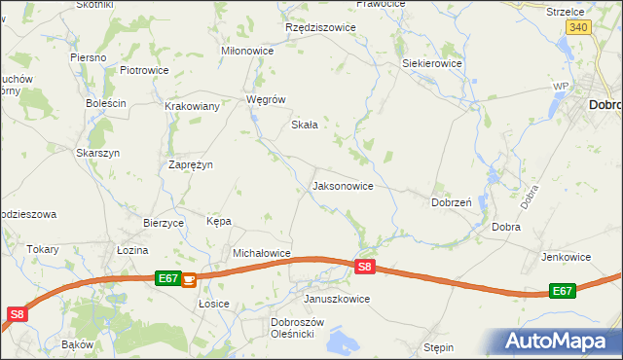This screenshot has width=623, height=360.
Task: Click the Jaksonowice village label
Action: [x=342, y=186]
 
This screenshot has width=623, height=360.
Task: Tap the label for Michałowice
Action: [x=261, y=253]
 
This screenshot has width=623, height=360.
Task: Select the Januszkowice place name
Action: [x=337, y=299]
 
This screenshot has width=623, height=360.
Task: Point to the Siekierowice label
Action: [x=432, y=63]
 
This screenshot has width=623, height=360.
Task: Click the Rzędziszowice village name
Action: [x=320, y=28]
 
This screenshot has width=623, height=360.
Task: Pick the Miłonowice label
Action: [x=247, y=52]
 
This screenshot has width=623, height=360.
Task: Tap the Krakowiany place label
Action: [x=192, y=107]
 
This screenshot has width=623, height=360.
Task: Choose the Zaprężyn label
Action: [x=191, y=165]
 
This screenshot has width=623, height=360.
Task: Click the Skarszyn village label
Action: [x=97, y=154]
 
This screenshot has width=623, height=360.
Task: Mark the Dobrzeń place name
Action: [x=452, y=203]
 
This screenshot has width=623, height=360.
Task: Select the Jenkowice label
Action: [x=566, y=257]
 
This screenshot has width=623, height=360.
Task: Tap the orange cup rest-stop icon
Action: [x=189, y=279]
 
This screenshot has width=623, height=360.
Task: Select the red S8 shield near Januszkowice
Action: [x=364, y=266]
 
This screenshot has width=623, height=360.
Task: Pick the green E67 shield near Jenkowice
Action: [x=562, y=291]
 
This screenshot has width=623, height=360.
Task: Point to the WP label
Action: [x=560, y=87]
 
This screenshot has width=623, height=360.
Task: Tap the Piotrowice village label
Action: [x=144, y=71]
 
